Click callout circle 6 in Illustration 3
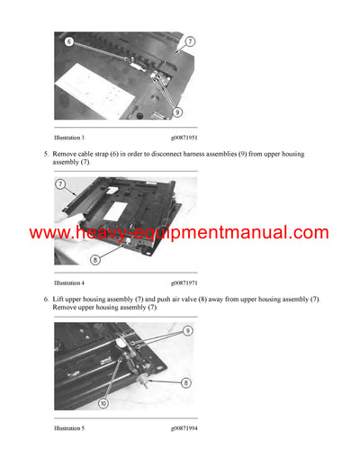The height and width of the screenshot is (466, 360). [68, 41]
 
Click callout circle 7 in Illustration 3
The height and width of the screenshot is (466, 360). [190, 41]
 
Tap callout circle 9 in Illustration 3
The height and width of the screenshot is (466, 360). [176, 112]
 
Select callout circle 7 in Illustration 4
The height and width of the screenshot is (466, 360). [61, 184]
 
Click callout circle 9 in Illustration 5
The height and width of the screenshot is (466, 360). [188, 330]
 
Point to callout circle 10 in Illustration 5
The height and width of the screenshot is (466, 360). [103, 403]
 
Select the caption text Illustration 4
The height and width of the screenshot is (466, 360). [69, 282]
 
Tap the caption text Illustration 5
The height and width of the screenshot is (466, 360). [69, 428]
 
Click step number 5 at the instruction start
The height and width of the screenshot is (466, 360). [46, 154]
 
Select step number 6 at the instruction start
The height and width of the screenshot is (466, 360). [46, 299]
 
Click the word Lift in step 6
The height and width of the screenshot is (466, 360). [59, 299]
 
